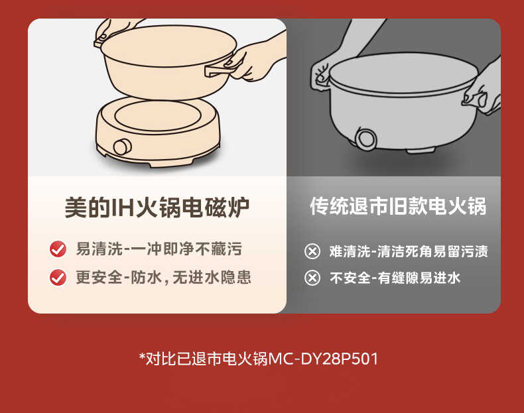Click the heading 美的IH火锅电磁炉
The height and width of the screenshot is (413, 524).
[157, 208]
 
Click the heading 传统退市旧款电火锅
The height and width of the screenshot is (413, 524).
[398, 206]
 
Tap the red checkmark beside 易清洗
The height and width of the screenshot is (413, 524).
[58, 249]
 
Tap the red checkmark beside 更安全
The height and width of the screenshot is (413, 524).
[58, 277]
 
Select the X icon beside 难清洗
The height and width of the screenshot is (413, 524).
[312, 251]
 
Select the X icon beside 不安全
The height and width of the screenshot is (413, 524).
[312, 278]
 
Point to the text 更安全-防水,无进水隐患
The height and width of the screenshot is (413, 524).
[163, 277]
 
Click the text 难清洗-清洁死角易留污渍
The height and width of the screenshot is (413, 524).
[409, 251]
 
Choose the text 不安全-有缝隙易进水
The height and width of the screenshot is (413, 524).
[395, 278]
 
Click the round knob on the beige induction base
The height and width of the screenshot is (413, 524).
[122, 147]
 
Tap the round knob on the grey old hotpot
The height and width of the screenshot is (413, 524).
[364, 138]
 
